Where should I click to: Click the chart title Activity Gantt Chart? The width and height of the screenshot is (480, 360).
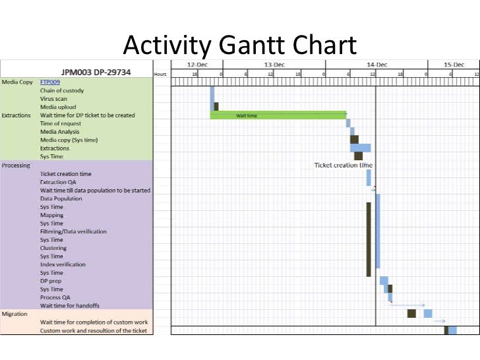click(x=240, y=45)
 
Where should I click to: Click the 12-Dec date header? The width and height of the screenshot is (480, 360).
click(x=196, y=65)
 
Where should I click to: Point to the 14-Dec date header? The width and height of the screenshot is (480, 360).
click(x=376, y=65)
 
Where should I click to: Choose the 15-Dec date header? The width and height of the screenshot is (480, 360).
click(x=454, y=65)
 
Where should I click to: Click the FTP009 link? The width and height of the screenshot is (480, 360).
click(x=50, y=82)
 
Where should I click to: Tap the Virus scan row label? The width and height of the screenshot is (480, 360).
click(x=53, y=99)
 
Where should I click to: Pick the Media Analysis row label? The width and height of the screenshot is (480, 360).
click(x=59, y=132)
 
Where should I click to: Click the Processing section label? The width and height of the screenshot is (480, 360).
click(x=16, y=165)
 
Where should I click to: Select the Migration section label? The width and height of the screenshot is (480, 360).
click(x=15, y=314)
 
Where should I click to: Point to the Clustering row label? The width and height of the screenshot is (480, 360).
click(x=53, y=248)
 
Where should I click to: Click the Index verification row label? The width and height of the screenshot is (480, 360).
click(x=63, y=264)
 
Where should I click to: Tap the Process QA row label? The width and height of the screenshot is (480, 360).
click(x=55, y=297)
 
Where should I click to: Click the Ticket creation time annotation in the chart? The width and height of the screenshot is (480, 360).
click(x=343, y=165)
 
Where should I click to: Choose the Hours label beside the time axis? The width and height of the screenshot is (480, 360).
click(x=160, y=75)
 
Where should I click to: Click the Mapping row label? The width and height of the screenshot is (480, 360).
click(x=52, y=215)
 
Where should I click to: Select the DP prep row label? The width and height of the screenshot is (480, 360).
click(x=51, y=281)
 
